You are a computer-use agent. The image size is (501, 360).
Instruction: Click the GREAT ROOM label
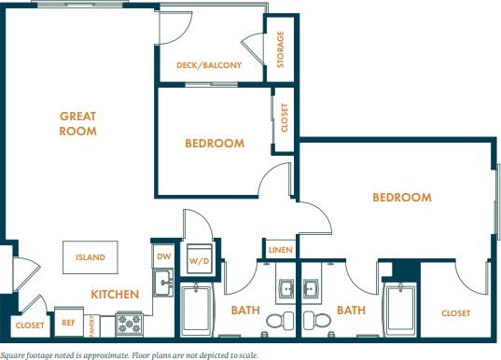(x=78, y=123)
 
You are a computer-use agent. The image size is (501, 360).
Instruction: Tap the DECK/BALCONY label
(x=209, y=65)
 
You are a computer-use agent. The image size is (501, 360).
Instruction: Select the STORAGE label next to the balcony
(x=280, y=49)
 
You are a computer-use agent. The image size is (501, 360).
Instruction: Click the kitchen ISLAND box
(x=90, y=256)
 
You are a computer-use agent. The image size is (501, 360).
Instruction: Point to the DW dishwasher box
(x=162, y=255)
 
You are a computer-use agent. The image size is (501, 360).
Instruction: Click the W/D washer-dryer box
(x=199, y=260)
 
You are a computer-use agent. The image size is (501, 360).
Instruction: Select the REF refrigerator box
(x=68, y=322)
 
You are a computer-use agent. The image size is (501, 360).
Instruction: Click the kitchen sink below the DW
(x=162, y=281)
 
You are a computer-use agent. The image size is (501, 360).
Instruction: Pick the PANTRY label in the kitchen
(x=92, y=324)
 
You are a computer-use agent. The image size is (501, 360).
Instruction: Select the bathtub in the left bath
(x=199, y=310)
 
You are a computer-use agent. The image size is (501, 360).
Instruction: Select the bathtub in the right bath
(x=401, y=310)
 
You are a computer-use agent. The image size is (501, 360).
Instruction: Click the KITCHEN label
(x=115, y=295)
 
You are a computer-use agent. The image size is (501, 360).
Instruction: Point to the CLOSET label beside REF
(x=29, y=325)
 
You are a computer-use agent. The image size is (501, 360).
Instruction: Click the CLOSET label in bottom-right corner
(x=455, y=313)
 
